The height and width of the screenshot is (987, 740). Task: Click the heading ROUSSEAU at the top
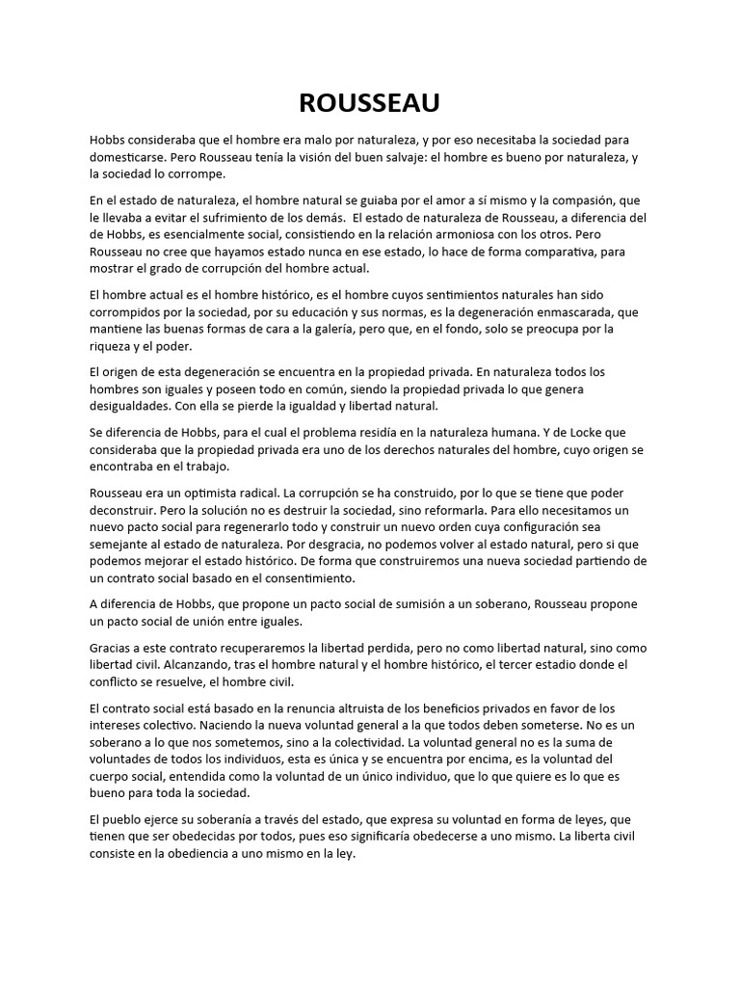(x=369, y=103)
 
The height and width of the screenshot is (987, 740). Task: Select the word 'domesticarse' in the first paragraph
(x=128, y=155)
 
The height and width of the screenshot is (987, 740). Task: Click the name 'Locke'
(x=569, y=433)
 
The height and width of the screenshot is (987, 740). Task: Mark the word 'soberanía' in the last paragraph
(x=218, y=818)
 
